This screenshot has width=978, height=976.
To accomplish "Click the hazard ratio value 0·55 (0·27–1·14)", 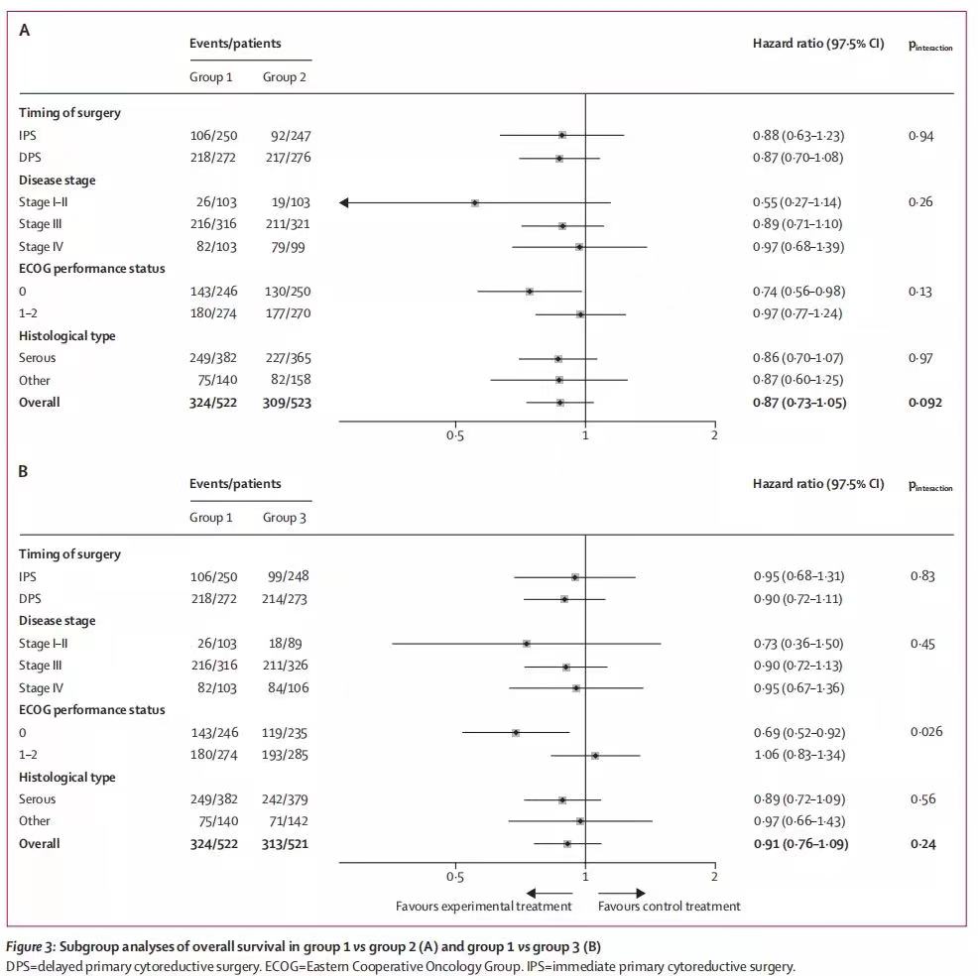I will pyautogui.click(x=797, y=202).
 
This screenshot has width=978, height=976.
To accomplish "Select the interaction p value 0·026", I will pyautogui.click(x=925, y=732).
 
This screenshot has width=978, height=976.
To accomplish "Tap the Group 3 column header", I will pyautogui.click(x=284, y=518).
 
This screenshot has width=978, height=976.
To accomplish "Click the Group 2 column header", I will pyautogui.click(x=284, y=76).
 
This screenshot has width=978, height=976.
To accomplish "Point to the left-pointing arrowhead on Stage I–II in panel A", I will pyautogui.click(x=344, y=202).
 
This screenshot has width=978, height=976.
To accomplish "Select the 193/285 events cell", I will pyautogui.click(x=288, y=755).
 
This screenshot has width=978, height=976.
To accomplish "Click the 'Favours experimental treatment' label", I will pyautogui.click(x=483, y=907).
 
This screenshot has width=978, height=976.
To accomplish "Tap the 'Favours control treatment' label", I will pyautogui.click(x=669, y=907).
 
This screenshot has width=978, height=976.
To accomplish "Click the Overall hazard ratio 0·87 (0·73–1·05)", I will pyautogui.click(x=799, y=403).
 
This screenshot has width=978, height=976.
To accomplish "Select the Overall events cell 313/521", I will pyautogui.click(x=288, y=844).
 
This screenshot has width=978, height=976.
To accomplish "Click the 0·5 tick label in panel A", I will pyautogui.click(x=454, y=435).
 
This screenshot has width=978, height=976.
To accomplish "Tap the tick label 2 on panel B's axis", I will pyautogui.click(x=714, y=877).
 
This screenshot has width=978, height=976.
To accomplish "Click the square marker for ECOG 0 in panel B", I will pyautogui.click(x=516, y=732).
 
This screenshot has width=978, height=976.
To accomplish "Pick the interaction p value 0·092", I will pyautogui.click(x=925, y=403).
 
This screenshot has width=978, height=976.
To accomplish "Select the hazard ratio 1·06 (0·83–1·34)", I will pyautogui.click(x=797, y=755).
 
